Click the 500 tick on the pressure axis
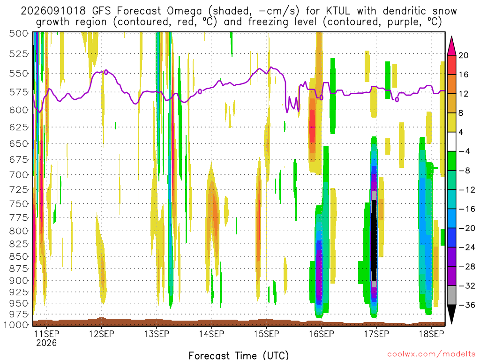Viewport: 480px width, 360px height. pyautogui.click(x=19, y=33)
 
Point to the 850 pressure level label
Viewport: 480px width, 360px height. pyautogui.click(x=19, y=256)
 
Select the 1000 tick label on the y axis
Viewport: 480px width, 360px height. pyautogui.click(x=16, y=324)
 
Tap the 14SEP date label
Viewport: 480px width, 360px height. pyautogui.click(x=211, y=334)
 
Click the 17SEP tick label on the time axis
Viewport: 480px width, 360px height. pyautogui.click(x=376, y=334)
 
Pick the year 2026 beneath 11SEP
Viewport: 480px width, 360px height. pyautogui.click(x=46, y=343)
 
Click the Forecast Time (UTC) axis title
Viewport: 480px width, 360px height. pyautogui.click(x=239, y=355)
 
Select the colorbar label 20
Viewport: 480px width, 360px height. pyautogui.click(x=464, y=55)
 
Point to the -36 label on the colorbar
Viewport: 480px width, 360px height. pyautogui.click(x=467, y=305)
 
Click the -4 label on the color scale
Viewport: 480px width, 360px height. pyautogui.click(x=465, y=151)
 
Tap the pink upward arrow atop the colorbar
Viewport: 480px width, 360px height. pyautogui.click(x=451, y=45)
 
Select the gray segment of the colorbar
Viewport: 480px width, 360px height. pyautogui.click(x=451, y=295)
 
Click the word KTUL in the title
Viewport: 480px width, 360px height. pyautogui.click(x=338, y=11)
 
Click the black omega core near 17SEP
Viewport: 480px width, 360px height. pyautogui.click(x=374, y=240)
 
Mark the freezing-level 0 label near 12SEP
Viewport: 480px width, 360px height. pyautogui.click(x=106, y=72)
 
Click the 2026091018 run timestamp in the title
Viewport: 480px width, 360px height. pyautogui.click(x=53, y=11)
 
